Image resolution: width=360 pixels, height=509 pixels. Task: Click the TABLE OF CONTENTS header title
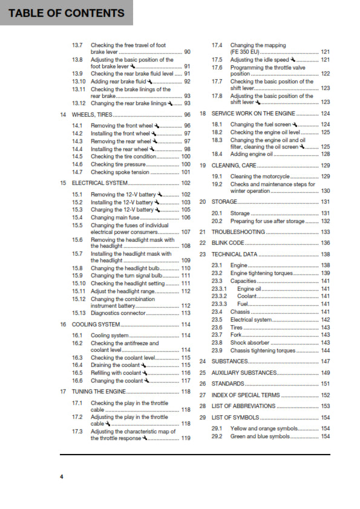[x=62, y=13]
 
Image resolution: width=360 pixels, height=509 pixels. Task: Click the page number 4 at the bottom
[x=61, y=478]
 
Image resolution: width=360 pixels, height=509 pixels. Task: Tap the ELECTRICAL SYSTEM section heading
[x=100, y=183]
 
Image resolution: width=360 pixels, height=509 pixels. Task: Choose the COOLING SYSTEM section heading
[x=96, y=325]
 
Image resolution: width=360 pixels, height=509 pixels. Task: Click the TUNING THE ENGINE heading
[x=99, y=392]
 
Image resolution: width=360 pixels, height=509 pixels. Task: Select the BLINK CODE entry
[x=228, y=243]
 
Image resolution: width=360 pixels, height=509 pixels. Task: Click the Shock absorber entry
[x=250, y=342]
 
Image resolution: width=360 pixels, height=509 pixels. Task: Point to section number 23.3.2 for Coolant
[x=219, y=296]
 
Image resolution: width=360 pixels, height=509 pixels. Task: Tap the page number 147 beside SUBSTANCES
[x=326, y=361]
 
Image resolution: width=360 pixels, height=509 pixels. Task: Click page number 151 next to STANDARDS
[x=326, y=384]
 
